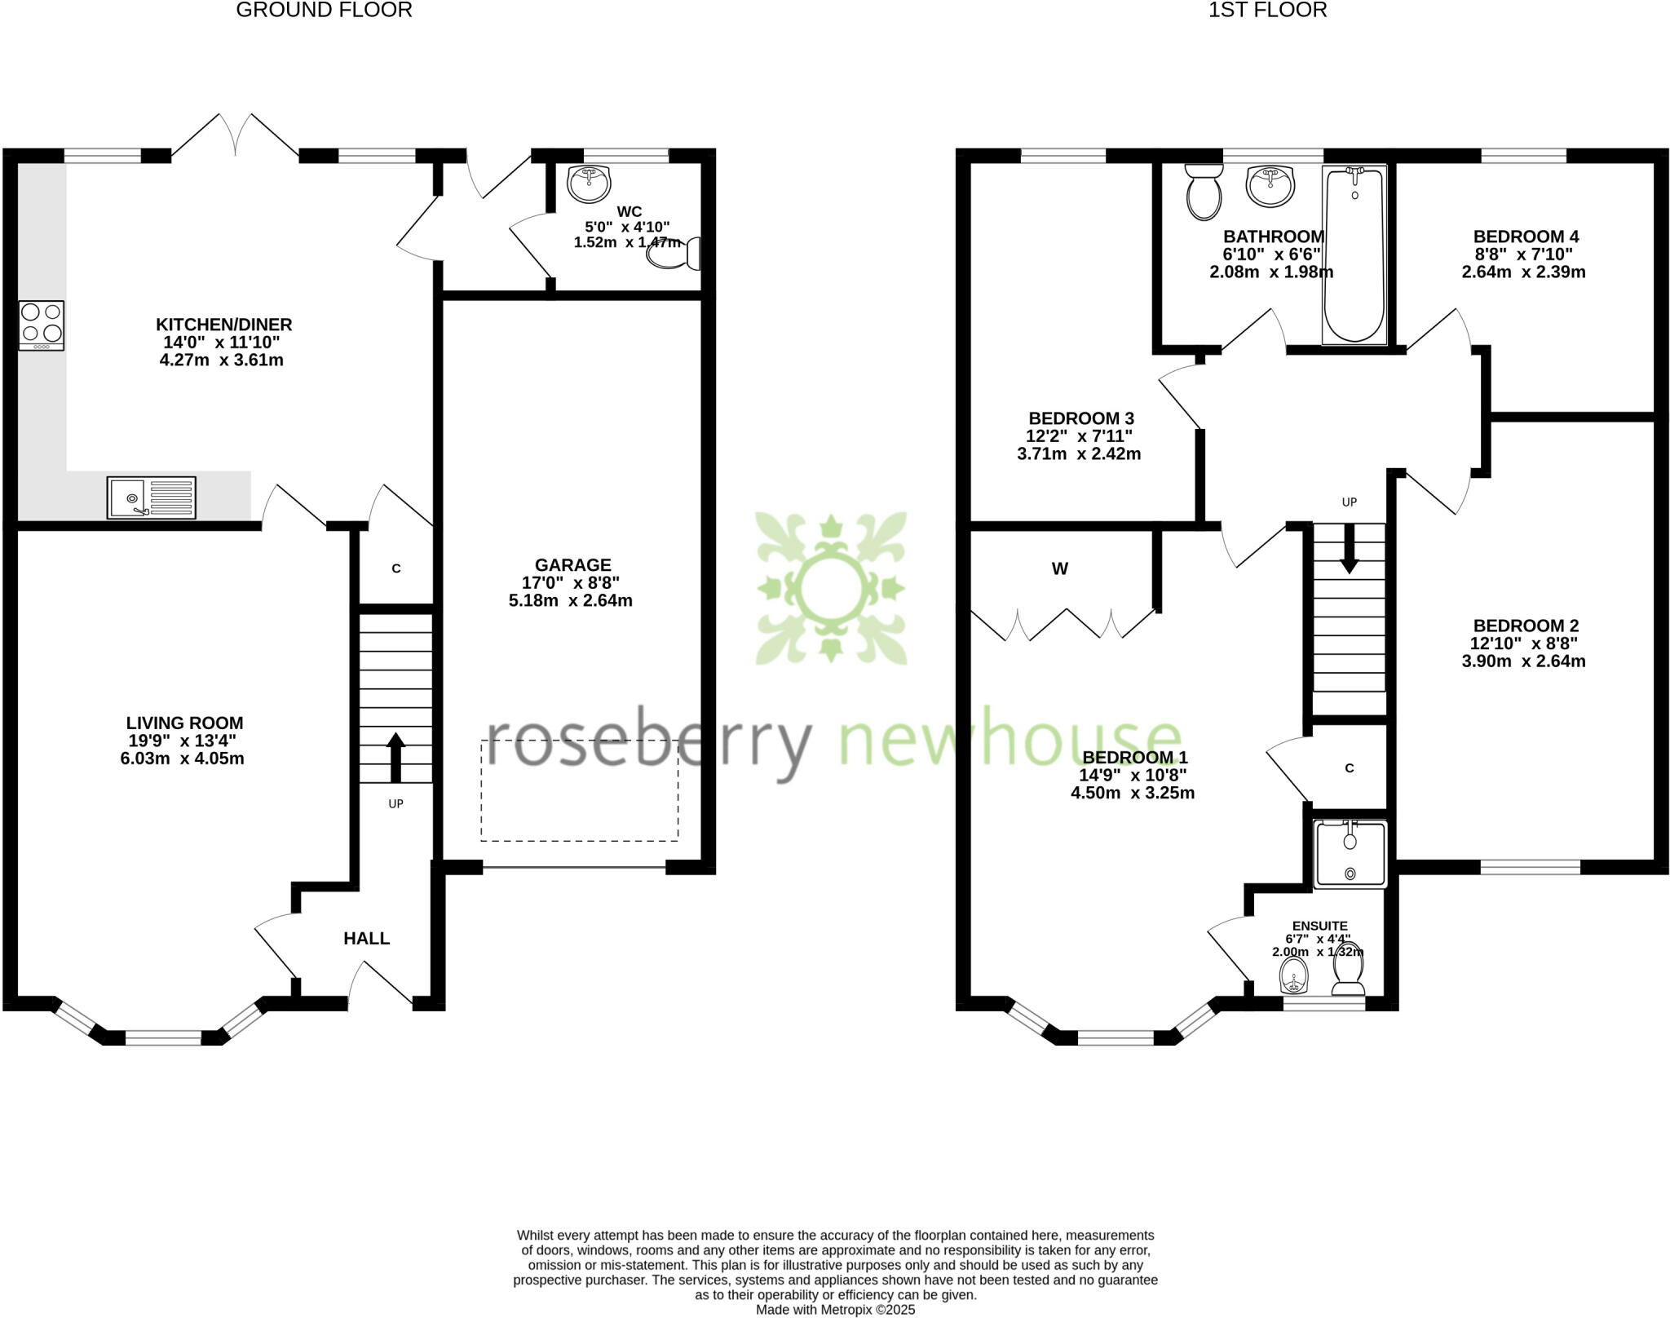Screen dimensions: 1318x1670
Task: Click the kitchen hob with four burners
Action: pos(42,325)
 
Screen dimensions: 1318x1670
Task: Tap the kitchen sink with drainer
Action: pos(152,498)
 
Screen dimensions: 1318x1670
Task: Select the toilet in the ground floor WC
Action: pos(674,254)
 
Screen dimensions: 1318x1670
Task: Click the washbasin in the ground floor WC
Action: pos(589,184)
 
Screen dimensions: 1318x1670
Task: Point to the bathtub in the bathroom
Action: pos(1354,254)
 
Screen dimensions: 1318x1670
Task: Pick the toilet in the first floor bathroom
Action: pos(1204,192)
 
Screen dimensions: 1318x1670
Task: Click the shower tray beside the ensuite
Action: pos(1350,854)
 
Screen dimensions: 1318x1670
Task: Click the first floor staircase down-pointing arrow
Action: pos(1350,549)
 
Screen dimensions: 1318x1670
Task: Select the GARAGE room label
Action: pos(572,564)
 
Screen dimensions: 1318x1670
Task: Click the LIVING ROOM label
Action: pos(184,723)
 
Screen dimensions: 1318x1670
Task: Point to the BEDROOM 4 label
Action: pos(1525,237)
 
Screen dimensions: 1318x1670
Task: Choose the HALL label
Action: pos(366,939)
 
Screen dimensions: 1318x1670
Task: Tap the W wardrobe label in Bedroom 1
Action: pos(1059,569)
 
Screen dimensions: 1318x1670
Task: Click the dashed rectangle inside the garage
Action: pos(579,790)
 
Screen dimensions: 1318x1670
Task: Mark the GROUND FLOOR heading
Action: pos(324,10)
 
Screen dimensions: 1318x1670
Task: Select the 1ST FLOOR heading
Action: pos(1267,10)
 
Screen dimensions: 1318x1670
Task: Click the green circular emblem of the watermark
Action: pos(831,588)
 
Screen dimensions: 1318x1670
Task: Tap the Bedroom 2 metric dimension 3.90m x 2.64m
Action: pos(1523,661)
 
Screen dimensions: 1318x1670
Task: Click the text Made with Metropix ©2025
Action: pos(835,1310)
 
